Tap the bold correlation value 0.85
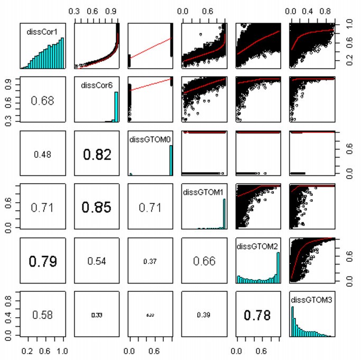coord(96,207)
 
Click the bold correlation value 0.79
coord(42,261)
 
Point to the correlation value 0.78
coord(257,315)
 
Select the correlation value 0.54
coord(96,261)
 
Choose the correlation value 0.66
coord(203,261)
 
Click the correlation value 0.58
coord(42,315)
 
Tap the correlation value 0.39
coord(203,315)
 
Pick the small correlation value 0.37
coord(150,261)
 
